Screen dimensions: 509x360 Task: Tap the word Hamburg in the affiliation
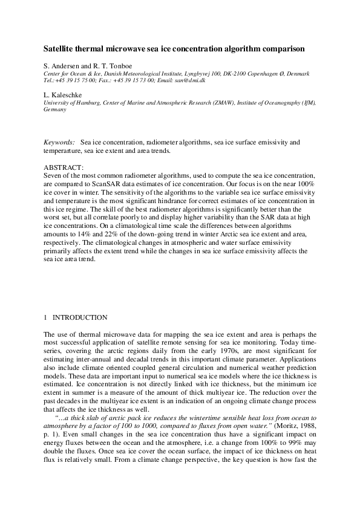click(x=83, y=103)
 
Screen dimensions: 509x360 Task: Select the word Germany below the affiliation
click(x=55, y=110)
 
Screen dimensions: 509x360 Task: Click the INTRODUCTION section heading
click(x=80, y=317)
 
